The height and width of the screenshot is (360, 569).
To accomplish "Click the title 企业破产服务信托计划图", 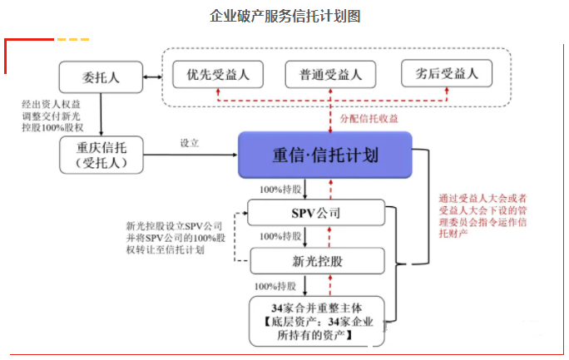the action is coord(285,17).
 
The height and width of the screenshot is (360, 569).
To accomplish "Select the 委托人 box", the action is coord(101,77).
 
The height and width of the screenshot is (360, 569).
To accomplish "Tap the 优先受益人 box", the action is coord(218,74).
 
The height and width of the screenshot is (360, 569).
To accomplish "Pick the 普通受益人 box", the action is coord(330,74).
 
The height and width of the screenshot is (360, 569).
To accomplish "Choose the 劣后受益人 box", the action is coord(447,73).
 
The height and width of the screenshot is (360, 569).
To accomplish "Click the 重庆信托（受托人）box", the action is coord(101,155).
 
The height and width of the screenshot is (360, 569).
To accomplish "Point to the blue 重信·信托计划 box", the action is coord(325,155).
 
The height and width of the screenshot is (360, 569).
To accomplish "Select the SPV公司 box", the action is coord(316,213).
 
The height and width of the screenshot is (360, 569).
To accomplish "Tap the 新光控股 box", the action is coord(317,261).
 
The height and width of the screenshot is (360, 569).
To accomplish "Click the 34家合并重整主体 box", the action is coord(317,321).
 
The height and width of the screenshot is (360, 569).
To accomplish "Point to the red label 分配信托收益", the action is coord(369,119).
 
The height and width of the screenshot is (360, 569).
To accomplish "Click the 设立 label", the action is coord(190,143).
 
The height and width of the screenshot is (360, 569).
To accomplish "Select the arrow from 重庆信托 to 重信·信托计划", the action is coord(190,155).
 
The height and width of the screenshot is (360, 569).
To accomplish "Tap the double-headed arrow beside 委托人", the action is coord(152,76).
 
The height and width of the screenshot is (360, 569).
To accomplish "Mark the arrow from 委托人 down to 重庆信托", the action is coord(101,115).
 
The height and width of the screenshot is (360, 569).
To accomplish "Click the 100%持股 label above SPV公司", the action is coord(280,190).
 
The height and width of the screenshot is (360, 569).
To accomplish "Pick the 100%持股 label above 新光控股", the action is coord(280,236).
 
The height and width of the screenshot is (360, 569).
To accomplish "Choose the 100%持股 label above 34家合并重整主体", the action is coord(275,286).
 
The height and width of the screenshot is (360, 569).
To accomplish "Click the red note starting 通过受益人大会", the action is coord(482,215).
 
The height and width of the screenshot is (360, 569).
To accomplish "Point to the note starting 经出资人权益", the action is coord(52,116).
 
